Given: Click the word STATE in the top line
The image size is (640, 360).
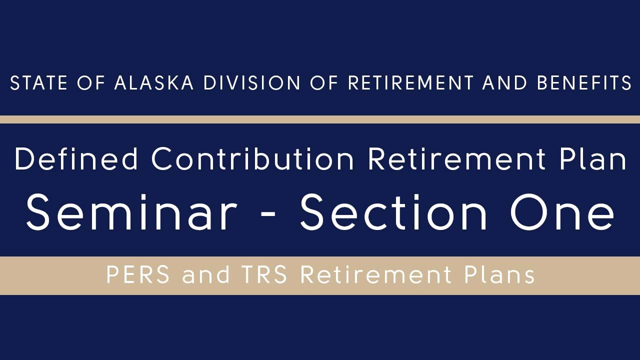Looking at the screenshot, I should coord(38,83).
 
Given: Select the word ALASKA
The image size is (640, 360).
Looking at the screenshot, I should coord(154,83).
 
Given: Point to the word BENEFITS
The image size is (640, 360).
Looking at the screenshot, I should coord(584,83).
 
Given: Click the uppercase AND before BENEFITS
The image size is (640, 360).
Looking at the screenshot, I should coord(504,83).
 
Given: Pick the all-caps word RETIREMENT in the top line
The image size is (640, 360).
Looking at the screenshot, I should coord(410,83).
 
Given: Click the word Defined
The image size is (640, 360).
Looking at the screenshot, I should coord(76,159).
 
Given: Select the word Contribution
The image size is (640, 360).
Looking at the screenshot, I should coord(253,159).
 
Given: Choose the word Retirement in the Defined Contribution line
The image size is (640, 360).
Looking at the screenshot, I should coord(456,159).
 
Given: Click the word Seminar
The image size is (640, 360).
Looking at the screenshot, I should coord(131,212).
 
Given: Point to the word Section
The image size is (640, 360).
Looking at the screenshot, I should coord(393,212).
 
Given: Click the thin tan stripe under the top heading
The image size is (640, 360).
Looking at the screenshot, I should coord(320,119).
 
